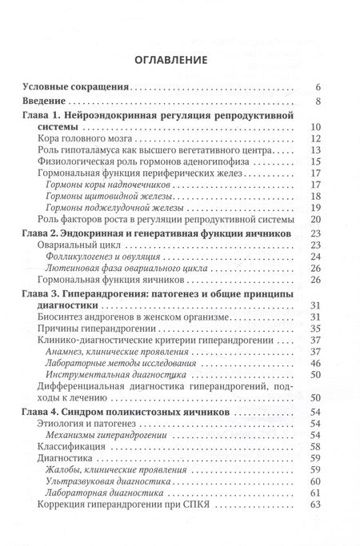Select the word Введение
[48, 102]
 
